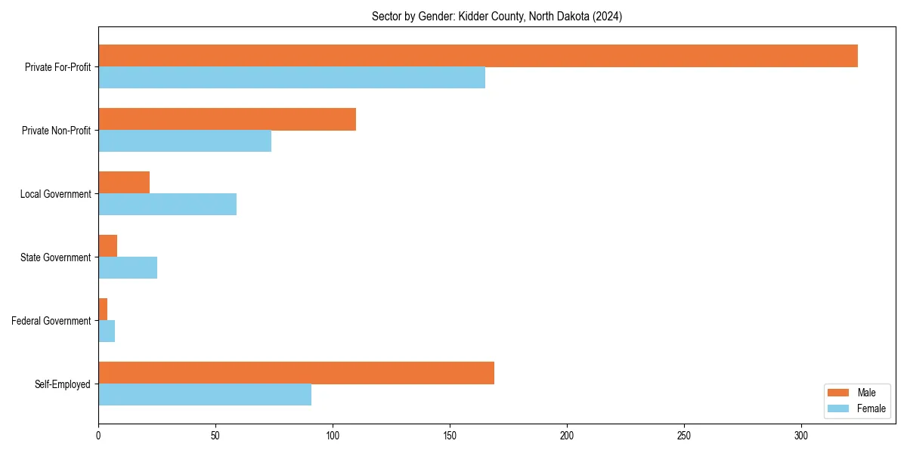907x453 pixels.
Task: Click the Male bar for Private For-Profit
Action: click(478, 56)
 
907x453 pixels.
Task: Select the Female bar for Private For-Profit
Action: click(292, 78)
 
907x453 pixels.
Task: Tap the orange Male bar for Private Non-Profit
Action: click(227, 119)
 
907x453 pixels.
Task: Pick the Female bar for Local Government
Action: click(167, 205)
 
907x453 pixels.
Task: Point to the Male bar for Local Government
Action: click(124, 183)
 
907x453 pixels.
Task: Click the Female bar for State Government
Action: click(128, 268)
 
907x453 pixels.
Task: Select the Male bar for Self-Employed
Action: click(296, 373)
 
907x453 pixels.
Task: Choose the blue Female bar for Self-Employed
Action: click(205, 395)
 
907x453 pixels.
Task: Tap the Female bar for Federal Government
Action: click(107, 331)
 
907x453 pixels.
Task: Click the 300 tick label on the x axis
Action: click(801, 436)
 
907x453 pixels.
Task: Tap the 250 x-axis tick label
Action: click(684, 436)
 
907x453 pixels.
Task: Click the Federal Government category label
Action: click(51, 321)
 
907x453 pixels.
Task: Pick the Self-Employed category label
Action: click(63, 384)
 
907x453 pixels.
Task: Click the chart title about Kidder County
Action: click(497, 17)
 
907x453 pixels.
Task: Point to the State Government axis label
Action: click(56, 257)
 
